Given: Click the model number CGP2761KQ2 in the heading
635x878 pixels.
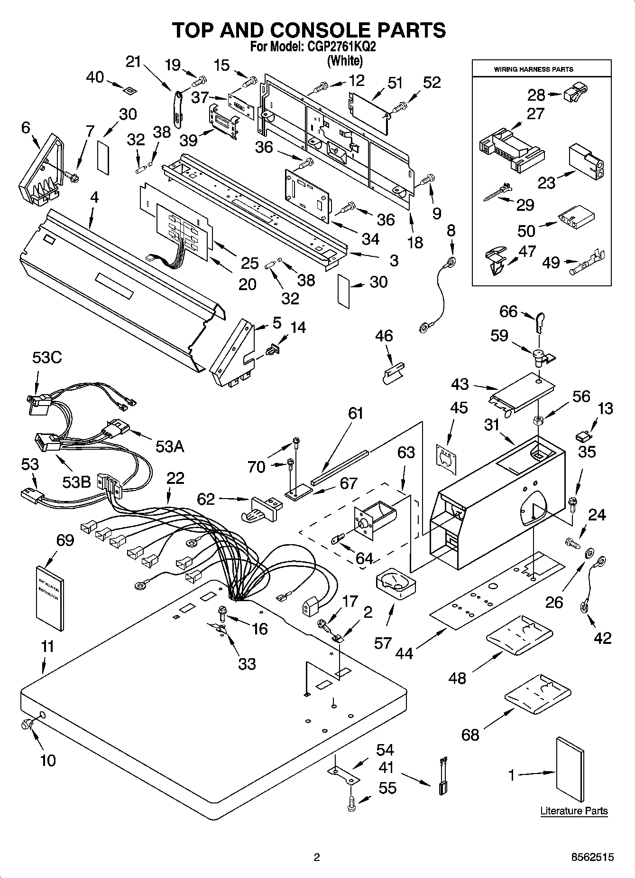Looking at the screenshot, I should [x=338, y=47].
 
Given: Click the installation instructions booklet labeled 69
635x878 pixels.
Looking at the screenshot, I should [x=50, y=598].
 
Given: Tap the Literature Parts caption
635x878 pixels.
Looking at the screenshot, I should [x=574, y=811].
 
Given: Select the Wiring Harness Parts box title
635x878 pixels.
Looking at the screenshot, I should [x=541, y=69].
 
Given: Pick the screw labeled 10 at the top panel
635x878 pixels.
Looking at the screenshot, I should [x=27, y=724].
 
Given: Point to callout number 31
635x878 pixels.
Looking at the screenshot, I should [x=492, y=424].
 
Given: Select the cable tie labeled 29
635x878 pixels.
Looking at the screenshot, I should [x=496, y=192].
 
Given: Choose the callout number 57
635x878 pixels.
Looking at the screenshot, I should [x=382, y=643].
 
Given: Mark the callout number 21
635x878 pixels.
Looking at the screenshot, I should [x=133, y=62].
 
